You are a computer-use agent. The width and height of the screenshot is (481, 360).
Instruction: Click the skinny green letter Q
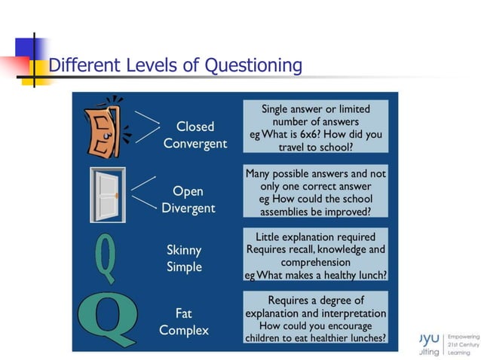tap(105, 255)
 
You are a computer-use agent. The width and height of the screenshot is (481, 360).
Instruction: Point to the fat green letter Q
tap(109, 319)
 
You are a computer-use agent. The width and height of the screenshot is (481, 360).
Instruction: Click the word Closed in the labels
tap(195, 127)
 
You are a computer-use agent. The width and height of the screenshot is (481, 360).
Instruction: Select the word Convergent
tap(195, 143)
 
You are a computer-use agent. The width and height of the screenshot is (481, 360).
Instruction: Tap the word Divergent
tap(188, 208)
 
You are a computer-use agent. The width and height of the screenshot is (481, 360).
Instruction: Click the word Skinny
tap(184, 250)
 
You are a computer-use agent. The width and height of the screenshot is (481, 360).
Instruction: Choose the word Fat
tap(184, 313)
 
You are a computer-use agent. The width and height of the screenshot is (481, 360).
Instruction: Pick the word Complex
tap(184, 330)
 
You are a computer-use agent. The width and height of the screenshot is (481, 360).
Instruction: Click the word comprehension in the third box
tap(315, 262)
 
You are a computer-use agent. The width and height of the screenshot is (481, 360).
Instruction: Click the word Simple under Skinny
tap(184, 267)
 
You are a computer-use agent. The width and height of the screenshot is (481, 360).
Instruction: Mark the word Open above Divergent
tap(188, 191)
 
